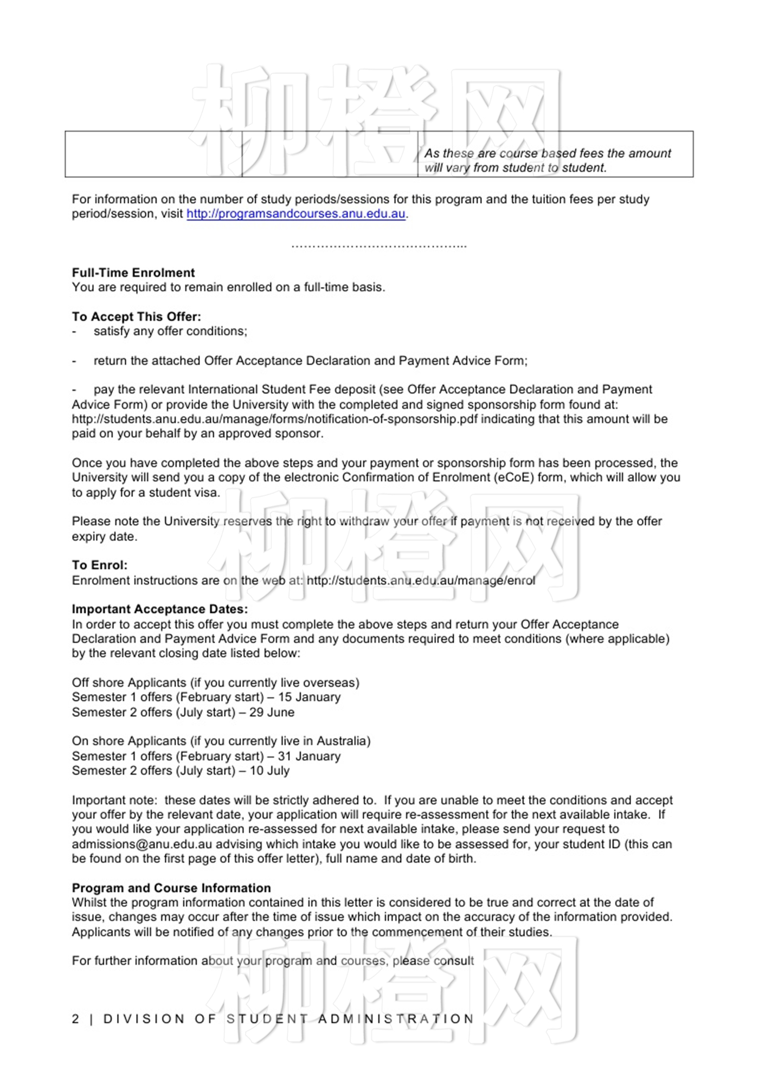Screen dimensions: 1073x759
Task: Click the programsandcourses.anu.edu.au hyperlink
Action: (x=296, y=214)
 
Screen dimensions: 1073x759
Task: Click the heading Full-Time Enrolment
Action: (x=133, y=273)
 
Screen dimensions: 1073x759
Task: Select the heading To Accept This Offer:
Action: (x=137, y=316)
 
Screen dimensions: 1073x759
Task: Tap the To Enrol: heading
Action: (x=100, y=565)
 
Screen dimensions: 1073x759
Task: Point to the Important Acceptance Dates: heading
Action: (x=160, y=609)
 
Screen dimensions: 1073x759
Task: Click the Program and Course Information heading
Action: (x=171, y=888)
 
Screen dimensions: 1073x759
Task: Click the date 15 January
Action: (x=309, y=697)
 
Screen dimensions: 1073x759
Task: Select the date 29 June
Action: (x=272, y=712)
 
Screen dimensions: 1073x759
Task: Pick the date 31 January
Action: (x=309, y=756)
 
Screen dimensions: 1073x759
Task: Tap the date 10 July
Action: (x=269, y=771)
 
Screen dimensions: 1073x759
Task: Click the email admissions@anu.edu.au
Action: (x=142, y=844)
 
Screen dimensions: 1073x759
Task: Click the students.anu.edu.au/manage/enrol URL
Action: (x=421, y=580)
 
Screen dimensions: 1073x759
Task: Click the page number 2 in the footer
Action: (x=76, y=1019)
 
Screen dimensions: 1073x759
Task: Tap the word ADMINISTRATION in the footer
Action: (x=396, y=1019)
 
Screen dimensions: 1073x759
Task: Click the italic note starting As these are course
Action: (x=548, y=160)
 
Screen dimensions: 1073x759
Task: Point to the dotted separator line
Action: (x=379, y=245)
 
